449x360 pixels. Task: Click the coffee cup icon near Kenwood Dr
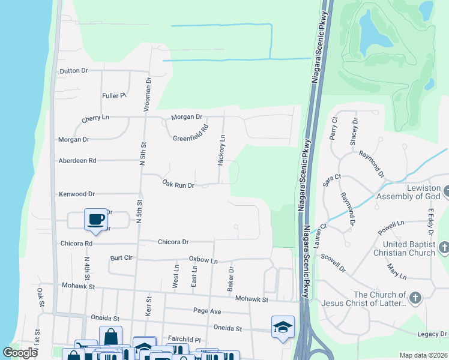click(96, 218)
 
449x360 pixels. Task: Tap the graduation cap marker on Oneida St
click(283, 326)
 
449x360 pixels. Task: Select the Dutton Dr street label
click(73, 71)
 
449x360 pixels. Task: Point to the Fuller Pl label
click(113, 95)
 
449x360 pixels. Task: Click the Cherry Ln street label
click(95, 118)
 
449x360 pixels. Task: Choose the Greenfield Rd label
click(190, 133)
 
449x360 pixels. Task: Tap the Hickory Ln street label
click(221, 150)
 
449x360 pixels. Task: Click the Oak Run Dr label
click(178, 185)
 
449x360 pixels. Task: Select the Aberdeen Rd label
click(77, 161)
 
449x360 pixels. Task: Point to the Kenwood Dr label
click(77, 194)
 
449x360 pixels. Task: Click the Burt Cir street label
click(122, 258)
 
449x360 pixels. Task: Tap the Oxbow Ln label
click(203, 260)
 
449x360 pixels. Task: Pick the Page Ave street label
click(207, 311)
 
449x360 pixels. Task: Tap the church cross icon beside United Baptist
click(444, 247)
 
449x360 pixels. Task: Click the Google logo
click(20, 352)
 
